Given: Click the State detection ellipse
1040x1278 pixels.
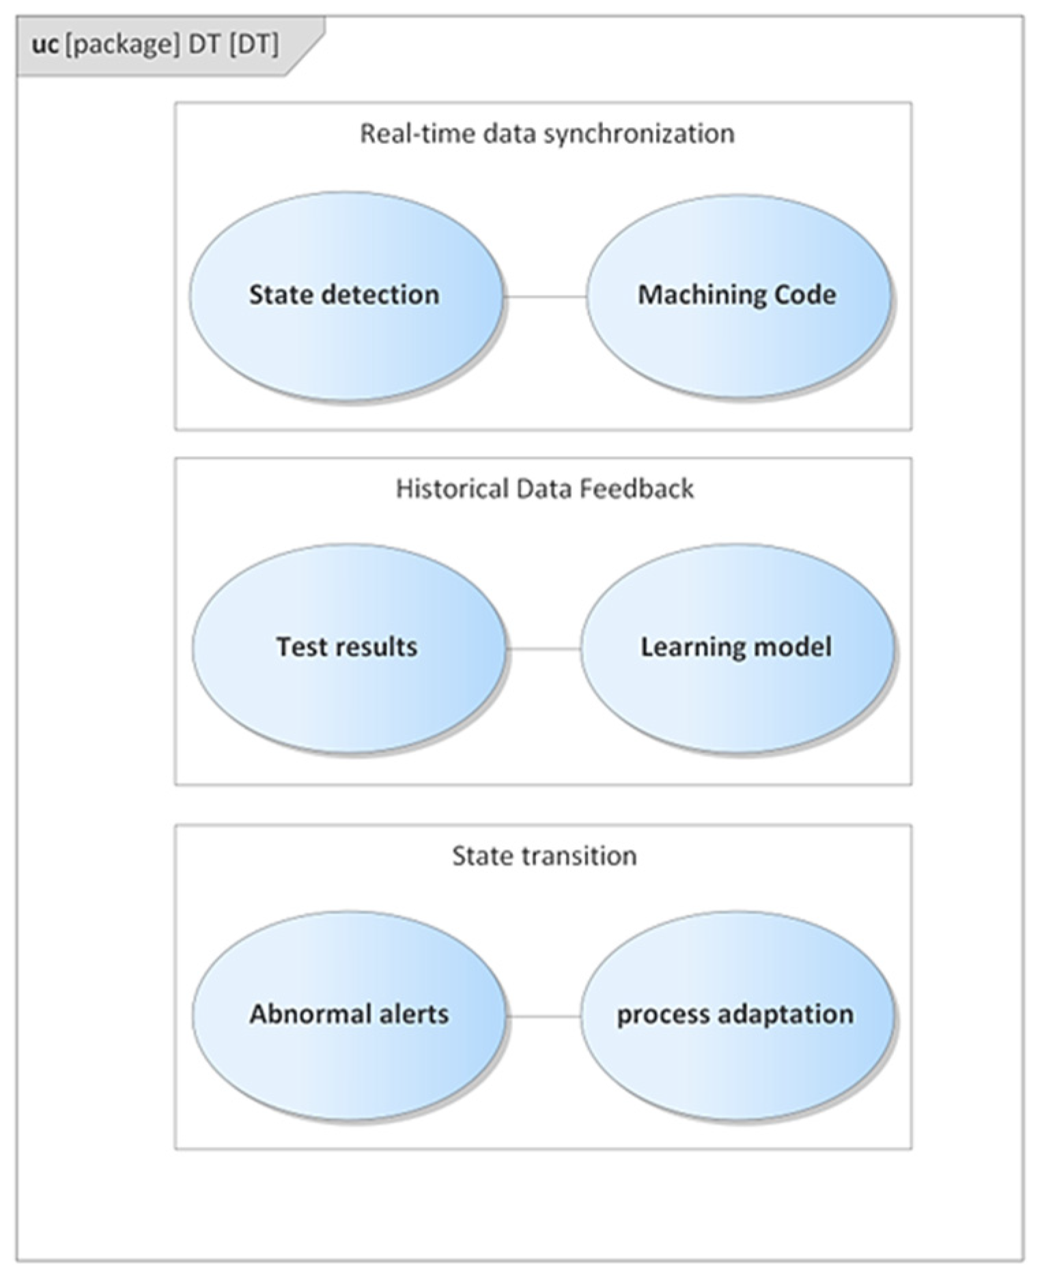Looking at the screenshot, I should (346, 296).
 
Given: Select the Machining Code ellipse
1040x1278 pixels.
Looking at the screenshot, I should (738, 296).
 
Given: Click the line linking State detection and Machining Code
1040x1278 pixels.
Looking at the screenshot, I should (545, 297).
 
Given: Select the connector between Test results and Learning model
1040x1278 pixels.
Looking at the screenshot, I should (544, 649).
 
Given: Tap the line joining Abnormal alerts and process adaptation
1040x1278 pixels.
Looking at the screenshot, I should (544, 1017).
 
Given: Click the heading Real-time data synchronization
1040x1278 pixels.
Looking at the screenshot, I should (547, 134).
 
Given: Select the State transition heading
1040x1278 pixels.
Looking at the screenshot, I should (544, 856).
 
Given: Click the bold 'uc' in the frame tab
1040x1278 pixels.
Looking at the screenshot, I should (45, 46).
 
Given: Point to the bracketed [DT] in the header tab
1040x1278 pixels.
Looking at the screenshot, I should (253, 46).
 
